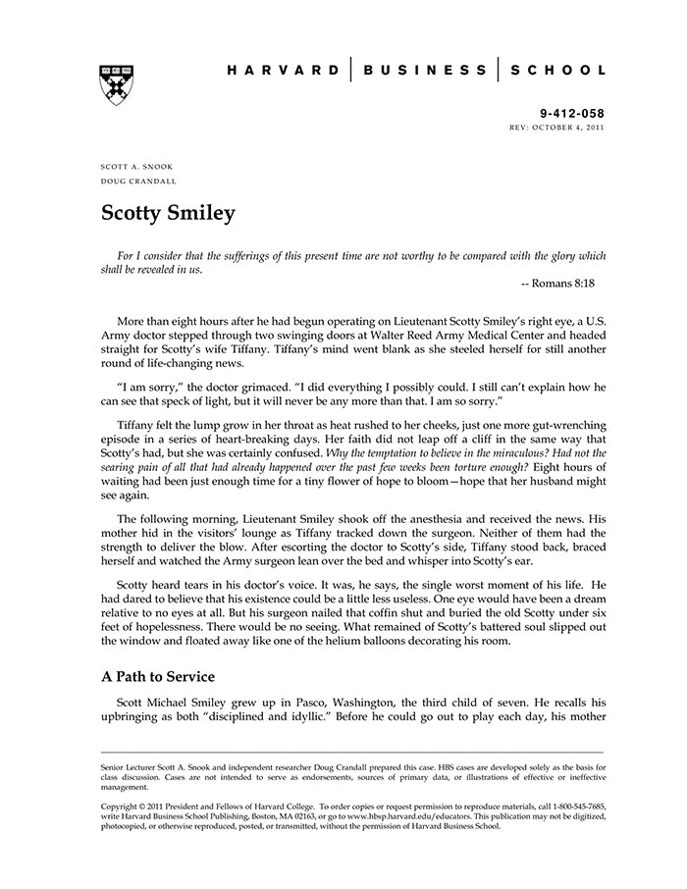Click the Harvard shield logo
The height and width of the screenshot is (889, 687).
(x=117, y=84)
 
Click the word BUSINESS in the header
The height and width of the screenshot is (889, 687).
(x=425, y=71)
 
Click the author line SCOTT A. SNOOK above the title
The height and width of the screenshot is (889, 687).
(x=136, y=168)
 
